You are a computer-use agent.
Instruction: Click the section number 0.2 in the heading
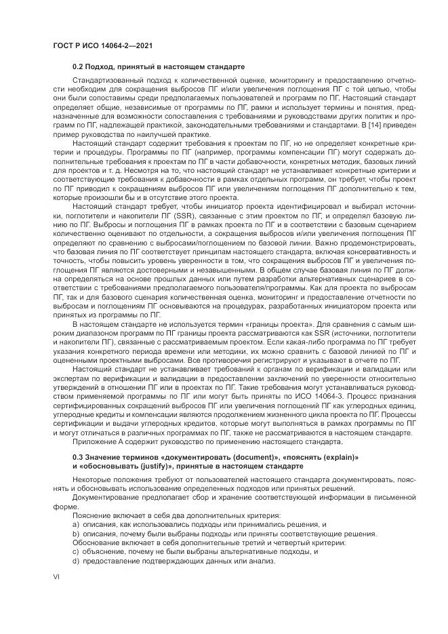click(x=79, y=68)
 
